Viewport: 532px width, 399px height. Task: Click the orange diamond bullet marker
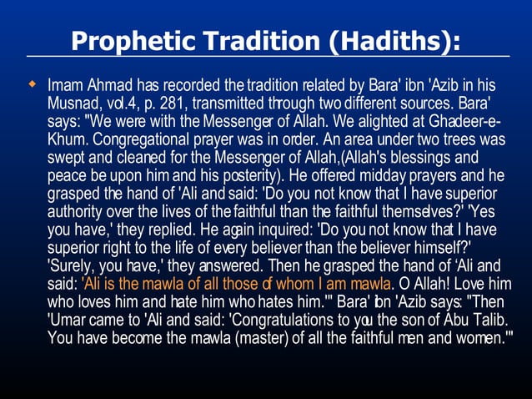tap(32, 84)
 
